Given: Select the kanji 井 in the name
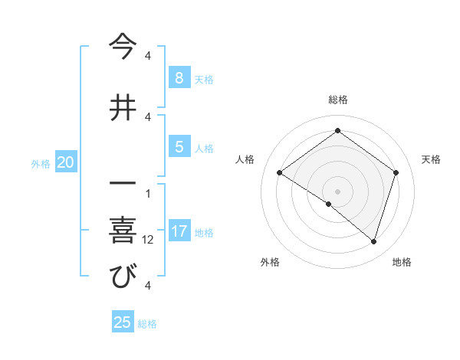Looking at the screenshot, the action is pyautogui.click(x=122, y=106).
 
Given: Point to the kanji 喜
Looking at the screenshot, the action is pyautogui.click(x=122, y=229).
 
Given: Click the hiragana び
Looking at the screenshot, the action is pyautogui.click(x=122, y=277).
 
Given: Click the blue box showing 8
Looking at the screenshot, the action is pyautogui.click(x=179, y=78).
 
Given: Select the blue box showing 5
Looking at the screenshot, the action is pyautogui.click(x=179, y=147).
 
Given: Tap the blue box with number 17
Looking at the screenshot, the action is pyautogui.click(x=179, y=231).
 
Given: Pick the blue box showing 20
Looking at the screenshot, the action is pyautogui.click(x=66, y=162).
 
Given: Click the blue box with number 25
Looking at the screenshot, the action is pyautogui.click(x=123, y=322).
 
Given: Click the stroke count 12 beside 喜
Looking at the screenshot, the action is pyautogui.click(x=148, y=239).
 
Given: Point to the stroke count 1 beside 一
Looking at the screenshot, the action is pyautogui.click(x=148, y=192).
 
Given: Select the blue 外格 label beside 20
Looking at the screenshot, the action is pyautogui.click(x=41, y=163).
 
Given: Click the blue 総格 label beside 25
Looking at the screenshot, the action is pyautogui.click(x=147, y=323).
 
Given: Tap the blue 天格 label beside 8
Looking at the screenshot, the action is pyautogui.click(x=204, y=79).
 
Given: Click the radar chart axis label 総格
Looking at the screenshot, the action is pyautogui.click(x=337, y=100).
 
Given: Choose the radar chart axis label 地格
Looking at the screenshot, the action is pyautogui.click(x=402, y=262).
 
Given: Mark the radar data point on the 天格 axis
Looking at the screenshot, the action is pyautogui.click(x=396, y=172).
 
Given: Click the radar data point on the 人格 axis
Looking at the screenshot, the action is pyautogui.click(x=279, y=172).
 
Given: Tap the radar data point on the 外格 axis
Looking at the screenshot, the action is pyautogui.click(x=328, y=204).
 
